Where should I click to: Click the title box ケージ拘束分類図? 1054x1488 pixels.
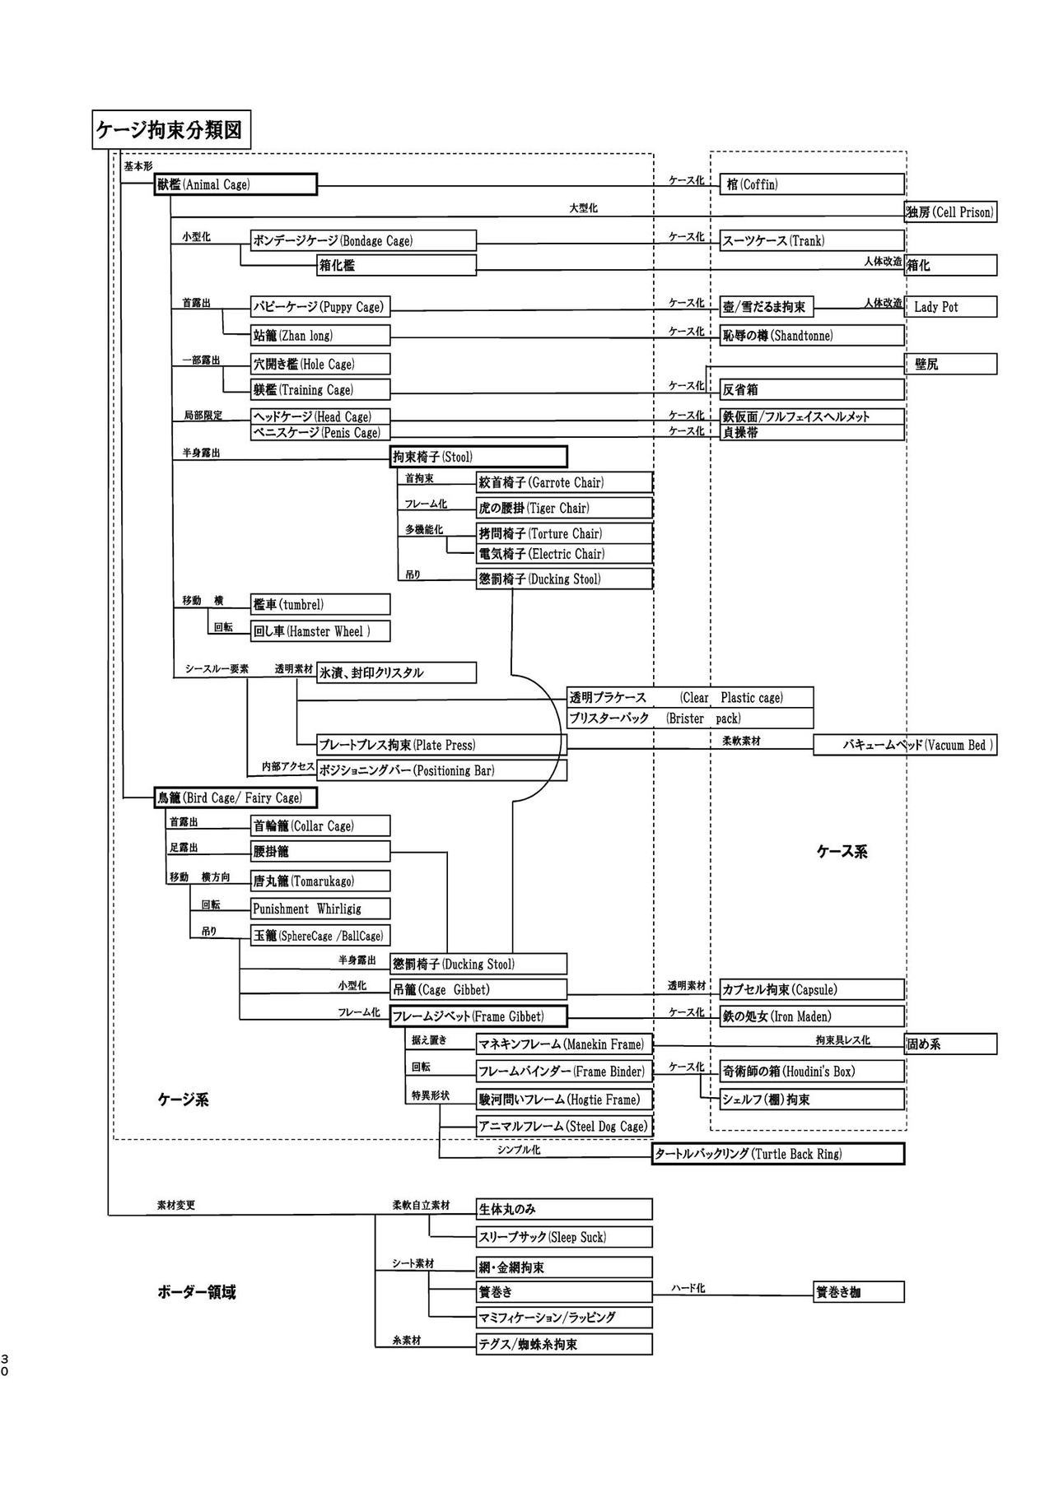pos(171,130)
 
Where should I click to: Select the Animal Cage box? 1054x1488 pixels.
pos(236,184)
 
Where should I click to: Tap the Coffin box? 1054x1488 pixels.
pos(811,184)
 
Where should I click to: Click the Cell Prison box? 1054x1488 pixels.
pos(950,212)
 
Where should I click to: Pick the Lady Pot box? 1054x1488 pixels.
pos(950,307)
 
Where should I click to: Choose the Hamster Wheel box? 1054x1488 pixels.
pos(320,631)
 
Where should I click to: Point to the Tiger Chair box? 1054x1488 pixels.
pos(564,508)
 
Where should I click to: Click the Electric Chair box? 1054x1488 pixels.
pos(564,554)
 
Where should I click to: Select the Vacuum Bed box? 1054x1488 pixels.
pos(905,745)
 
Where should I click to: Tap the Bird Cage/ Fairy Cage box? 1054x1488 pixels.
pos(236,797)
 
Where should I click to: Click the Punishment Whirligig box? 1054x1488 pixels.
pos(320,909)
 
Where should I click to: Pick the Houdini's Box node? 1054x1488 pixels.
pos(811,1071)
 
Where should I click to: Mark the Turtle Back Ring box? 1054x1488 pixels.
pos(778,1154)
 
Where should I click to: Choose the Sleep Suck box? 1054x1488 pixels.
pos(564,1237)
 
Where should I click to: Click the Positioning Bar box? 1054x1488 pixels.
pos(441,770)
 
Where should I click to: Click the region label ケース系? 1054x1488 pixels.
pos(842,852)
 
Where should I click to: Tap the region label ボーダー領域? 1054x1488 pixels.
pos(196,1292)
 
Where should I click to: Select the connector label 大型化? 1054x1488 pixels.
pos(583,208)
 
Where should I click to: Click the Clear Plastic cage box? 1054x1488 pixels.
pos(690,698)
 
